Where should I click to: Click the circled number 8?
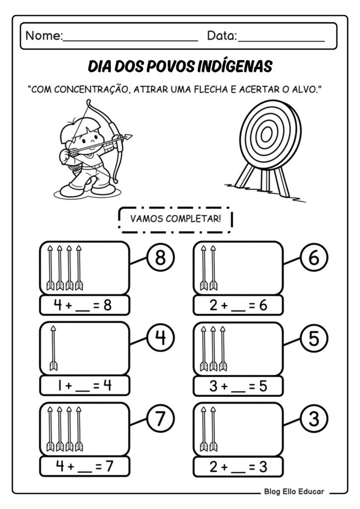pyautogui.click(x=160, y=258)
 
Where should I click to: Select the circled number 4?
pyautogui.click(x=160, y=339)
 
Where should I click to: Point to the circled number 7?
pyautogui.click(x=160, y=420)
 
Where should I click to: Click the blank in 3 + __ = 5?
pyautogui.click(x=239, y=387)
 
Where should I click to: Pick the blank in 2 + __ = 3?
pyautogui.click(x=239, y=468)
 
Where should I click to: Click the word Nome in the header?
pyautogui.click(x=43, y=36)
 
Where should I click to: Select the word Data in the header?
pyautogui.click(x=222, y=36)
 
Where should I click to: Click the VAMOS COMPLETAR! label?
pyautogui.click(x=175, y=219)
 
